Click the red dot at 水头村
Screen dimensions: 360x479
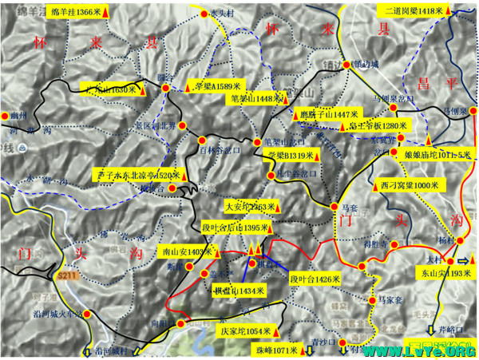[205, 14]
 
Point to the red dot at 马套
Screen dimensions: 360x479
[335, 206]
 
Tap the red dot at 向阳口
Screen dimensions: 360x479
[181, 324]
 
